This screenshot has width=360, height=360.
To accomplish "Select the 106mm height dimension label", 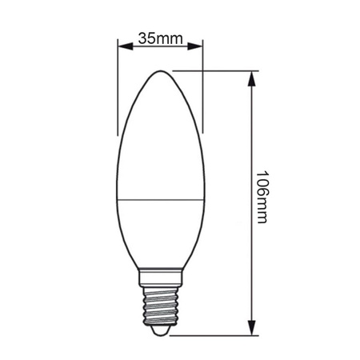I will click(x=262, y=196).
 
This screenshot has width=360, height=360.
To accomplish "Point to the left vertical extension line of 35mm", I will click(x=118, y=88).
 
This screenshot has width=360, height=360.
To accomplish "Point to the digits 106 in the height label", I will click(x=262, y=183).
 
